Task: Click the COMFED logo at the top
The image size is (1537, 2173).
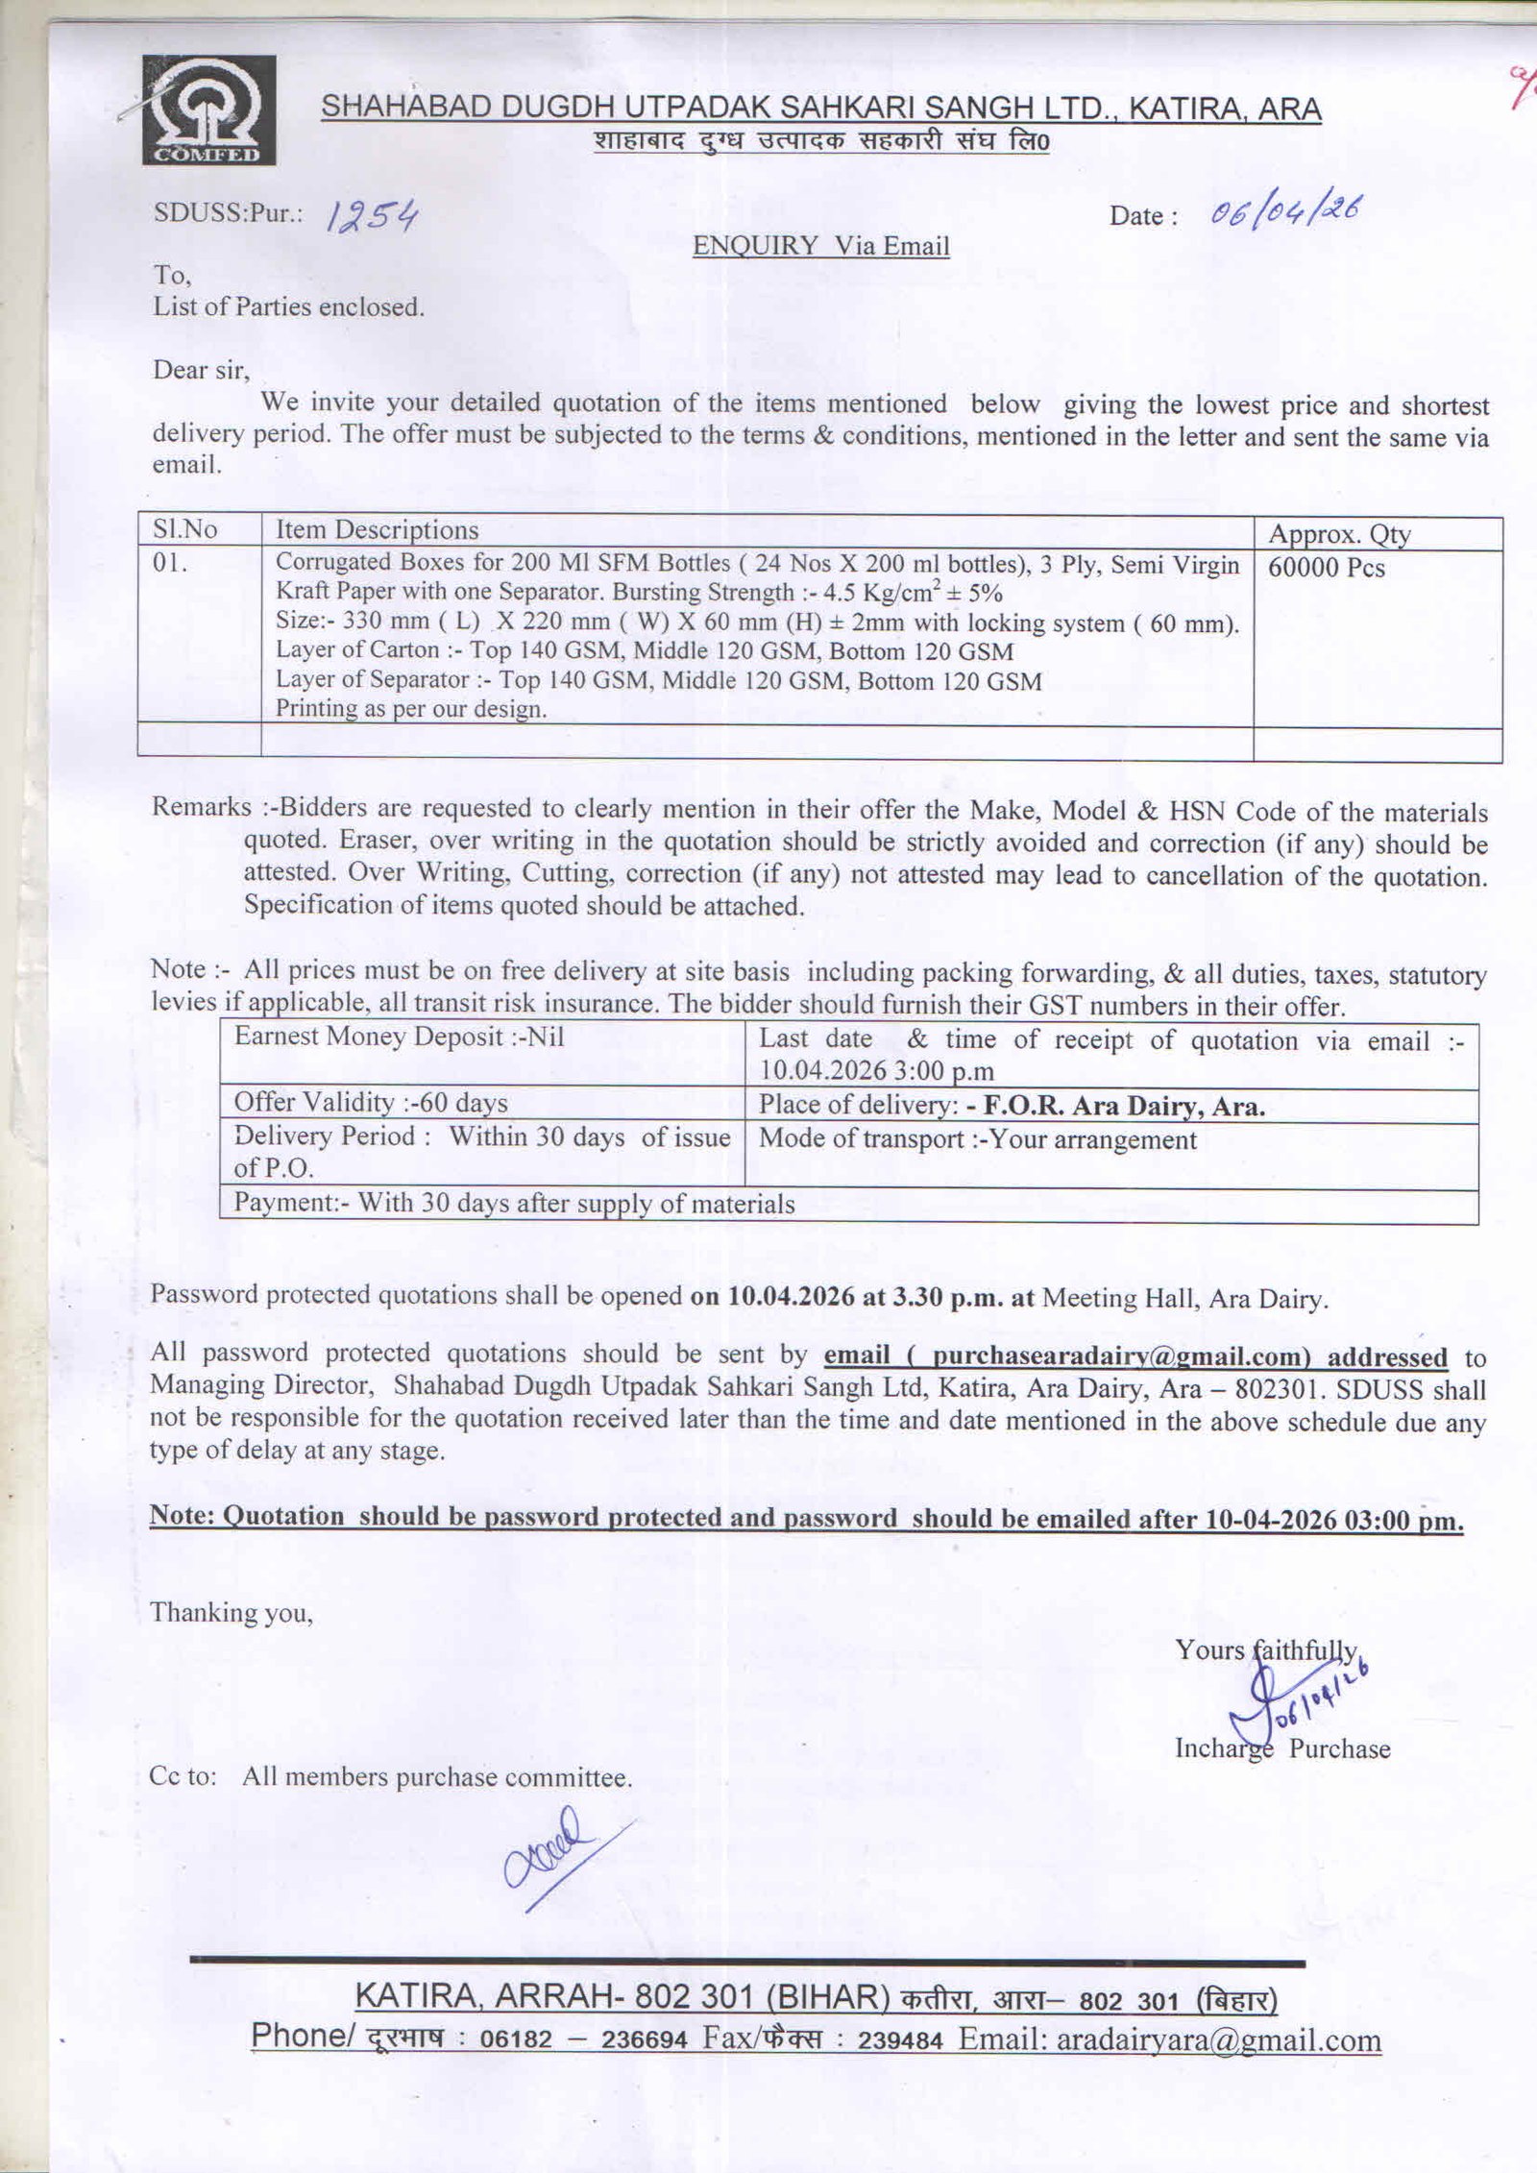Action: [x=209, y=110]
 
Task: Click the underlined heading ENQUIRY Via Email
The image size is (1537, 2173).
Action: [x=821, y=247]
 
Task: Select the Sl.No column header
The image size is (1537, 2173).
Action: [x=185, y=529]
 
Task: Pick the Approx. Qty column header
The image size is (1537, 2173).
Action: [x=1339, y=534]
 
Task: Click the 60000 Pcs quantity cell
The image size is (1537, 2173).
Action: [x=1327, y=569]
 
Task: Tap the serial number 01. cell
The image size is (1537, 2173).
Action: [x=170, y=563]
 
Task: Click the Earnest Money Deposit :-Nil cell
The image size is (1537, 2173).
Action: [x=399, y=1037]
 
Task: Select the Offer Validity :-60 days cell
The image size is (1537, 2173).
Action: [x=371, y=1103]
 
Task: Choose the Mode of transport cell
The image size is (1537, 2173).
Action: [x=978, y=1140]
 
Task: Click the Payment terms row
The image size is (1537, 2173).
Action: [x=514, y=1204]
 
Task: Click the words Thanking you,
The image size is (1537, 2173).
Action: [x=232, y=1612]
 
